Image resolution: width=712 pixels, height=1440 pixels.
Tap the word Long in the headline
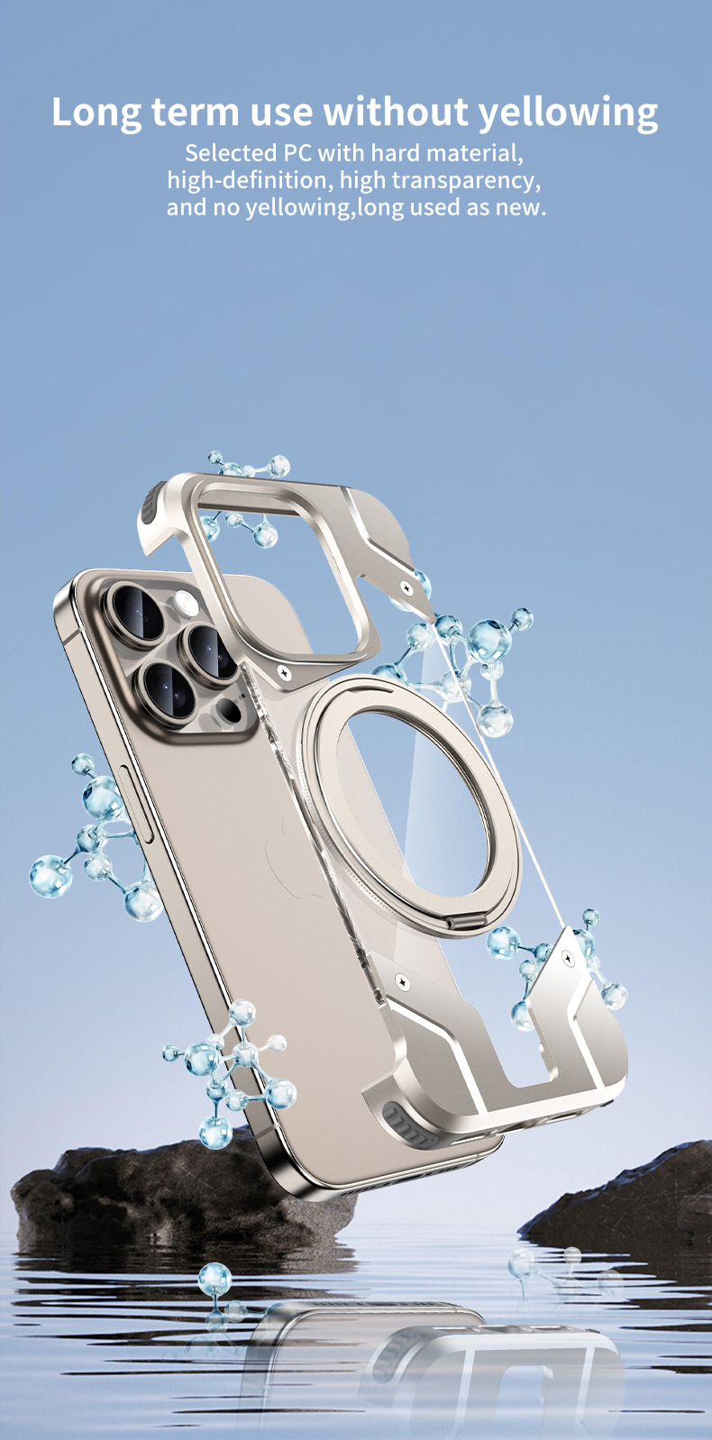[96, 114]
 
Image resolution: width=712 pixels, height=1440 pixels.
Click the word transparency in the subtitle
[466, 181]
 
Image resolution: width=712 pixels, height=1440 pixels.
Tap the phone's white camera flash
[186, 602]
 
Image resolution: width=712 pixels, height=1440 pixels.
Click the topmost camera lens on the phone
[138, 614]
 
